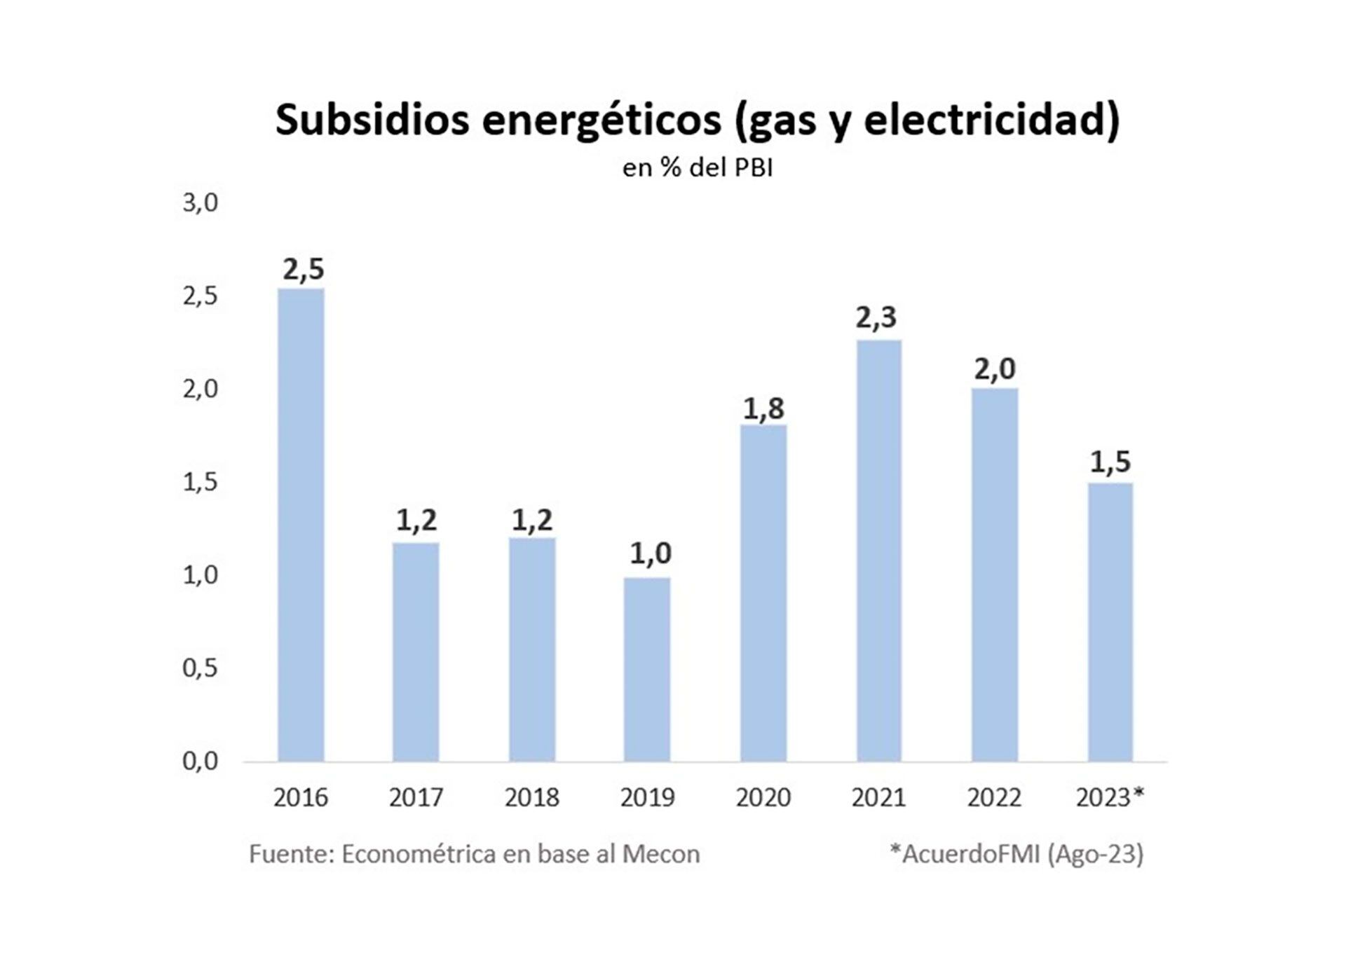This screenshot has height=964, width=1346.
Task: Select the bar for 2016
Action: coord(301,525)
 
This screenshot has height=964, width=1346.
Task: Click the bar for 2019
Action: coord(646,669)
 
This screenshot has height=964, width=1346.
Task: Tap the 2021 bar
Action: coord(878,551)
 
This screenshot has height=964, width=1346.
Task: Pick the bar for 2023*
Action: coord(1110,622)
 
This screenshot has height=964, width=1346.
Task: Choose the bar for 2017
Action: coord(416,652)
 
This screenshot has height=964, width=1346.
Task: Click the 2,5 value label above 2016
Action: coord(304,269)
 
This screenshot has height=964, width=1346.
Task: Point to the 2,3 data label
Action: coord(876,318)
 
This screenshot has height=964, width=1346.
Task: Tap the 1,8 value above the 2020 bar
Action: coord(763,408)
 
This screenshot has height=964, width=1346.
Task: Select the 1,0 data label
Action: coord(650,553)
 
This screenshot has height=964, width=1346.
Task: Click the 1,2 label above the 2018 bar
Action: coord(532,520)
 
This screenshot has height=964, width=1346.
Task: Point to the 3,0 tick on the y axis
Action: coord(200,203)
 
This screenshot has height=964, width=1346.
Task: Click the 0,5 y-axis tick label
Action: coord(200,668)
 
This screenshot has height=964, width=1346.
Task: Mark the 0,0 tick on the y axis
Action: coord(200,762)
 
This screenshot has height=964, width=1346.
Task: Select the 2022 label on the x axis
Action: coord(994,797)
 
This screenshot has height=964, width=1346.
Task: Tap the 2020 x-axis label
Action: coord(763,797)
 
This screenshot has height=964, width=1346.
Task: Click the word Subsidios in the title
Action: coord(372,120)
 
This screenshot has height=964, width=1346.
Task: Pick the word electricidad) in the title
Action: coord(992,120)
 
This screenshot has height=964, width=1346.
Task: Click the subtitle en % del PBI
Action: coord(698,168)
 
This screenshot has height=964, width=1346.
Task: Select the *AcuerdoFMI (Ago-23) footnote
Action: coord(1017,854)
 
